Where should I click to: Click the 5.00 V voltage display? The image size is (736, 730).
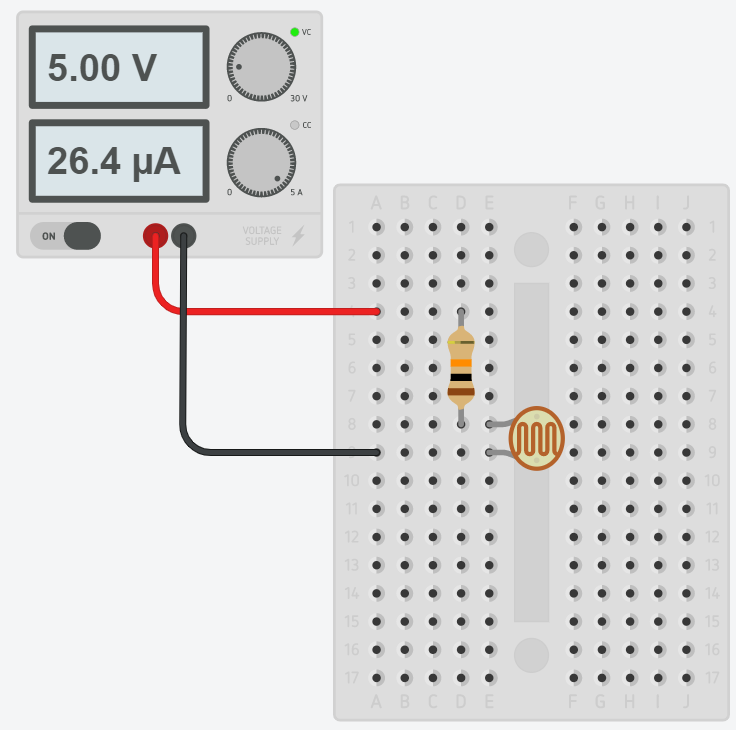click(119, 67)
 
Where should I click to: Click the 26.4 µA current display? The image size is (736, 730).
click(119, 160)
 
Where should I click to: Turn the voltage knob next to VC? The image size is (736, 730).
click(261, 67)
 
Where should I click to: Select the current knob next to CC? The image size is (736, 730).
click(261, 161)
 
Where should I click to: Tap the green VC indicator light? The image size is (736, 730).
click(294, 32)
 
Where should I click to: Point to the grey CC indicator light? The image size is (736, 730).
click(294, 125)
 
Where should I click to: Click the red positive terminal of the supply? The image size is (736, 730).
click(155, 235)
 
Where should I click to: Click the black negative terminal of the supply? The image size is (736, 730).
click(183, 235)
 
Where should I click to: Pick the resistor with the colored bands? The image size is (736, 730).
click(461, 368)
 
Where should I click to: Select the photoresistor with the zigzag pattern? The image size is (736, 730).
click(536, 439)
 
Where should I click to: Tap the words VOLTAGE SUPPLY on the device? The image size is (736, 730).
click(262, 236)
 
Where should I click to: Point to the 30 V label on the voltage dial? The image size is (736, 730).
click(298, 99)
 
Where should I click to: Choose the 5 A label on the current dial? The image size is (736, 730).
click(296, 192)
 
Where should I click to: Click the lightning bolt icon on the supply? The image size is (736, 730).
click(298, 236)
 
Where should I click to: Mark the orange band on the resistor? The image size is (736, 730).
click(461, 363)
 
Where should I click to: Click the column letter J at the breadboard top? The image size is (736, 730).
click(686, 204)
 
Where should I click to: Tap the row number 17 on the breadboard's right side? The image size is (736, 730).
click(711, 677)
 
